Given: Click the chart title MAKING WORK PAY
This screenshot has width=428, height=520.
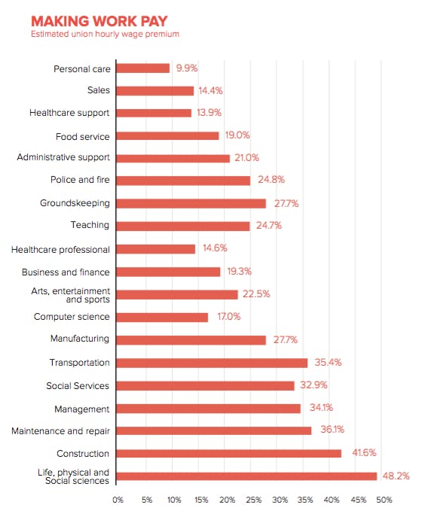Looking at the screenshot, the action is [x=99, y=21].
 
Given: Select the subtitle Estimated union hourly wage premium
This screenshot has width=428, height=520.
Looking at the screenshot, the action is [x=105, y=34].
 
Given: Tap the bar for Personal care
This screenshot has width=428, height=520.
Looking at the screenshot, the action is [x=143, y=68].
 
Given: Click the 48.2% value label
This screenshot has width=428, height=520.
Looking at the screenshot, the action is [x=396, y=476].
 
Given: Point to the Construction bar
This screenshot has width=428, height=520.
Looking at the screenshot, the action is [x=229, y=453].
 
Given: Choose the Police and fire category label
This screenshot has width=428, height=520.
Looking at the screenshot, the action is [x=80, y=180].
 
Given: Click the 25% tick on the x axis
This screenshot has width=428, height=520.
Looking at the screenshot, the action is [x=253, y=500].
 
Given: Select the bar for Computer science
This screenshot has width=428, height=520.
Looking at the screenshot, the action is [x=162, y=318].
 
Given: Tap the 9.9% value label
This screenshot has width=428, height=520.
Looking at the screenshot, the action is [x=187, y=68].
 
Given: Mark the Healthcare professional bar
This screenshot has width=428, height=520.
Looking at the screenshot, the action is [x=156, y=249].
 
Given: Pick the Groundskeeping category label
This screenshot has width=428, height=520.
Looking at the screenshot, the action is [x=75, y=203].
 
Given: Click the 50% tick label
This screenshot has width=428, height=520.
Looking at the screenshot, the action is [x=384, y=500].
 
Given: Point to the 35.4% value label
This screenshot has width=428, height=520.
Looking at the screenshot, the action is [x=328, y=362].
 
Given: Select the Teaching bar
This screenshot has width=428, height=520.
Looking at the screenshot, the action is [x=183, y=227].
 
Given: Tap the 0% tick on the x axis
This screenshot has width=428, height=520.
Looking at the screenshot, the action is [x=118, y=500].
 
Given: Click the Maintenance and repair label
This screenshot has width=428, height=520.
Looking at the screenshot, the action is [x=60, y=431].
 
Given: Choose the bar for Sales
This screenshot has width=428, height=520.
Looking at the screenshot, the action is [x=155, y=91].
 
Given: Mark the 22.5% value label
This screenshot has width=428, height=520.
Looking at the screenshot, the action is [x=256, y=293].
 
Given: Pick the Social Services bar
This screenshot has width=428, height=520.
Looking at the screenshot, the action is [x=205, y=386].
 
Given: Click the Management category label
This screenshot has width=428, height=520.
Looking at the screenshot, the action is [x=81, y=409].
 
